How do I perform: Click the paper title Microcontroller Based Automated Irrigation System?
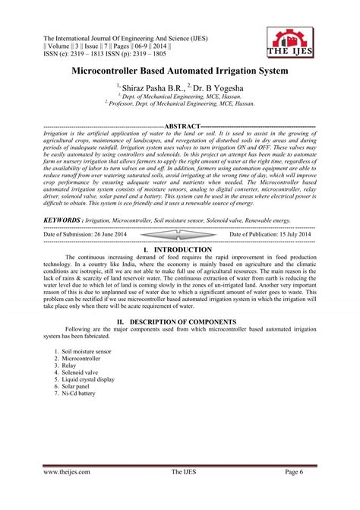tap(179, 70)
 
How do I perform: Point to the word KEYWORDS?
tap(63, 218)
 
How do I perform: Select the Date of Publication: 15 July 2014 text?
tap(270, 233)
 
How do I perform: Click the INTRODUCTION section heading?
tap(182, 249)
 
